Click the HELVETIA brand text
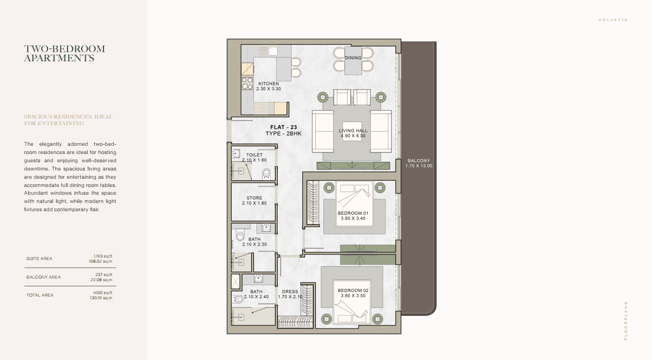click(613, 20)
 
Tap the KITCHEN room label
click(268, 84)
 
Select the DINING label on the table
click(353, 58)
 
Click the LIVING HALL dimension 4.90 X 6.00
click(353, 136)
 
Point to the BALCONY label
click(419, 161)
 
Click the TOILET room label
click(254, 155)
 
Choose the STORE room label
click(254, 198)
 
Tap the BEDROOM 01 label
click(353, 213)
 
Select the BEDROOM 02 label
click(353, 290)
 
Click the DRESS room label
click(290, 292)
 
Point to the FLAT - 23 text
click(283, 127)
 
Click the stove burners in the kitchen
click(247, 83)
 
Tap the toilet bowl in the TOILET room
click(266, 174)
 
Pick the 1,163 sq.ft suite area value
click(103, 256)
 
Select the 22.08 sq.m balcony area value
click(101, 280)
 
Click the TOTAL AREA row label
click(40, 295)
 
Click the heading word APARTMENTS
click(59, 58)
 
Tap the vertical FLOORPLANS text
click(626, 321)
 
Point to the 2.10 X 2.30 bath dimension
click(254, 245)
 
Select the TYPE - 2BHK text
click(283, 133)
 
